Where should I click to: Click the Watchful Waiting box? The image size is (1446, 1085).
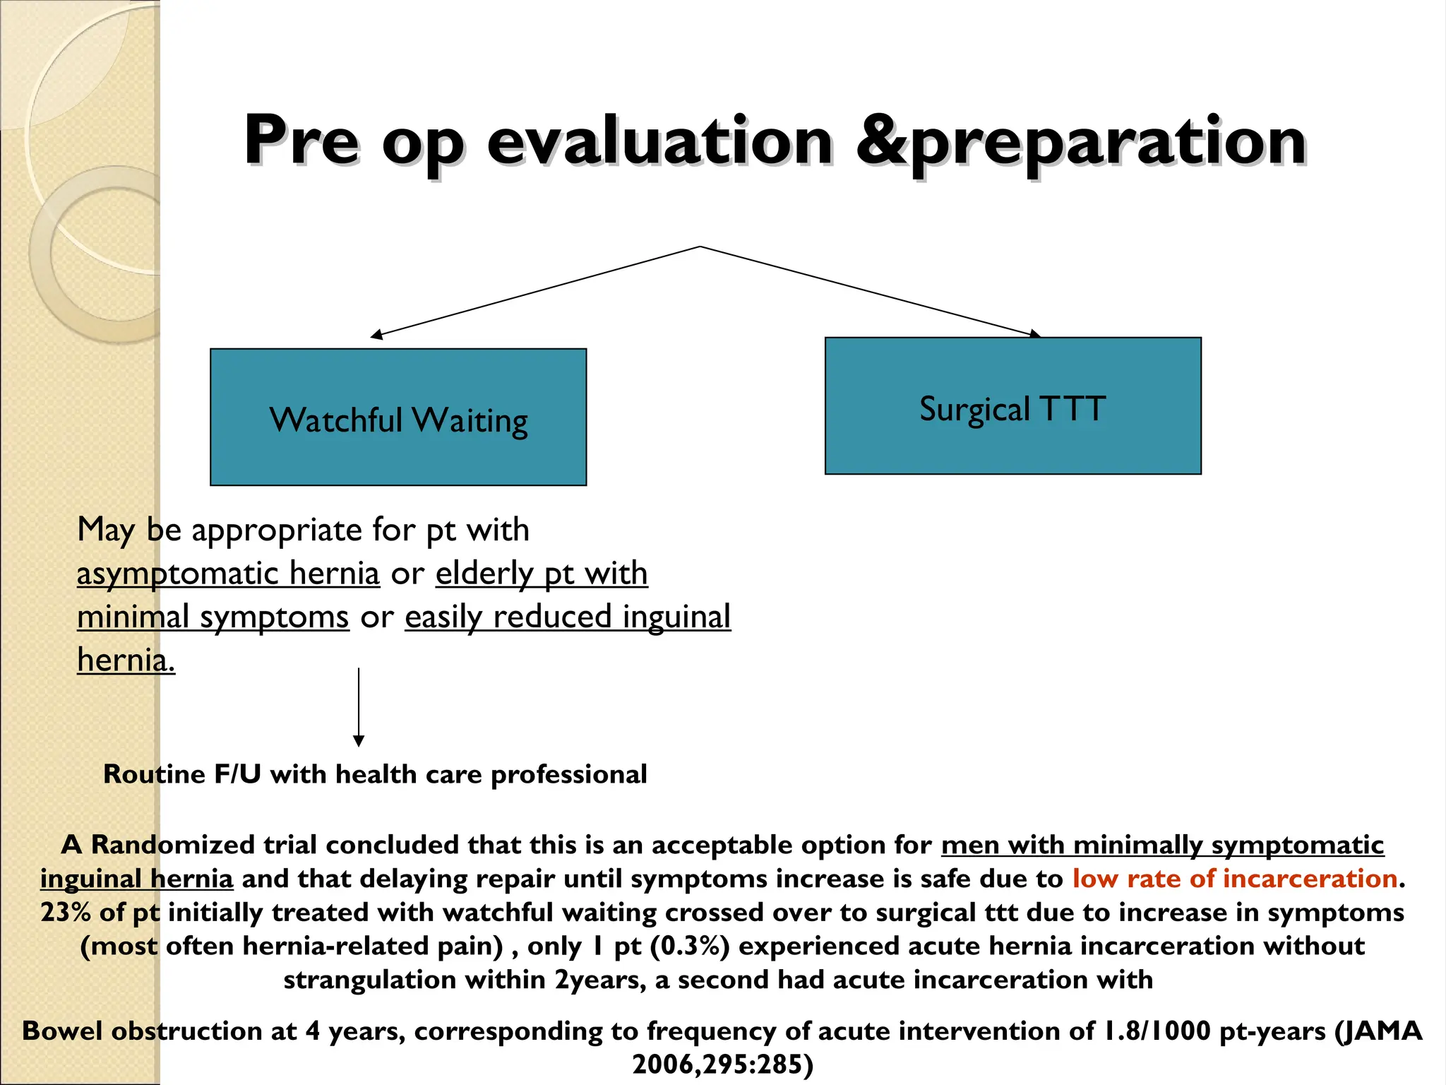[398, 417]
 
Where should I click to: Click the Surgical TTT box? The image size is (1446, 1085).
[1012, 405]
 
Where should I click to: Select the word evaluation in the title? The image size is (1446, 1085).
[660, 141]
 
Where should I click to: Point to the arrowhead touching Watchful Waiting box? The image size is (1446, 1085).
[377, 335]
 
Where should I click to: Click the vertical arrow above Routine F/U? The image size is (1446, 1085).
[359, 706]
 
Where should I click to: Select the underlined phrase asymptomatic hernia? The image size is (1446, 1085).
[228, 573]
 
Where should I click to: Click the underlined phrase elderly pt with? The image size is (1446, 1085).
[541, 573]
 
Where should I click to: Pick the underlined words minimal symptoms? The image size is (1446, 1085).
[213, 617]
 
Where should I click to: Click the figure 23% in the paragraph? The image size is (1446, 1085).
[66, 912]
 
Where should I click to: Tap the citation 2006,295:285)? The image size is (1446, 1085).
[723, 1064]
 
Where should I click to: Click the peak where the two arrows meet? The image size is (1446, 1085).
[700, 247]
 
